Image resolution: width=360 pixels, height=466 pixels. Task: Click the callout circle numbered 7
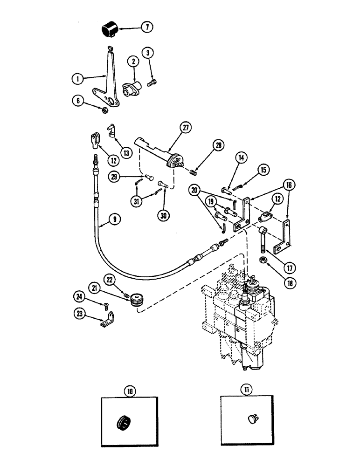pyautogui.click(x=146, y=27)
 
